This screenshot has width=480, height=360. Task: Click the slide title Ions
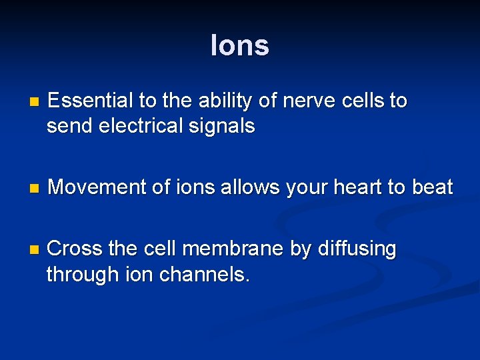point(239,46)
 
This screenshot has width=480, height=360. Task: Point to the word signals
point(224,126)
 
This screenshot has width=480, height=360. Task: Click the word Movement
point(98,187)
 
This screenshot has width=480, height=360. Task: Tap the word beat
point(432,187)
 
